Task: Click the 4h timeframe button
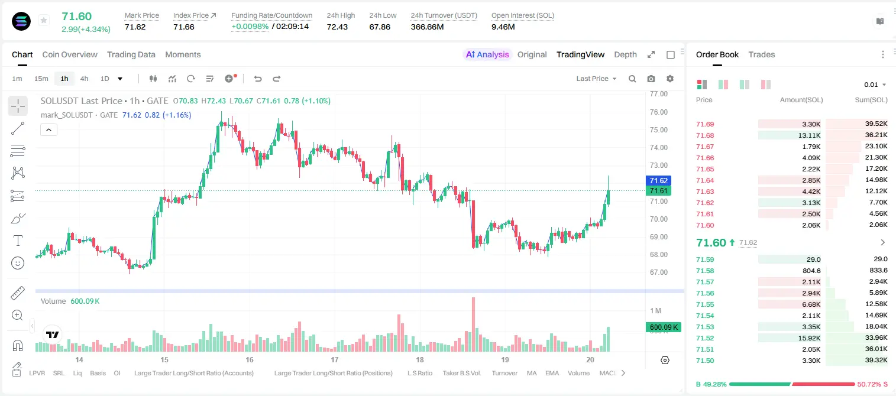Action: [x=84, y=79]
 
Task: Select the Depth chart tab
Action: [x=625, y=55]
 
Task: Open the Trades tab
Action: [x=762, y=55]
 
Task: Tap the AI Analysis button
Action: [x=487, y=55]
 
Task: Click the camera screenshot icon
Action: [x=651, y=79]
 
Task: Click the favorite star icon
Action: [x=44, y=20]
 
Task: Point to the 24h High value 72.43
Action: [x=337, y=27]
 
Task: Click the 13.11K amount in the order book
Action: [x=809, y=135]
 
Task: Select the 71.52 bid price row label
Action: [x=705, y=338]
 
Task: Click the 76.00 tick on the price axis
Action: [x=659, y=112]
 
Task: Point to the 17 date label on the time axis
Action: [x=334, y=359]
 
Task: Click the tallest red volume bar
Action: [x=474, y=324]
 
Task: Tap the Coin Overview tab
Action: [x=70, y=55]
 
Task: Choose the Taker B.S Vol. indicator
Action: [x=461, y=373]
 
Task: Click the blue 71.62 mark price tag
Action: [x=658, y=181]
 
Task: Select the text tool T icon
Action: [x=18, y=241]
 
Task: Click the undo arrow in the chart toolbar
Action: [x=258, y=79]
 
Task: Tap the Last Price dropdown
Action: [x=596, y=79]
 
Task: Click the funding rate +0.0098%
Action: [x=250, y=27]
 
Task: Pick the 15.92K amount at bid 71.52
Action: [x=809, y=338]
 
